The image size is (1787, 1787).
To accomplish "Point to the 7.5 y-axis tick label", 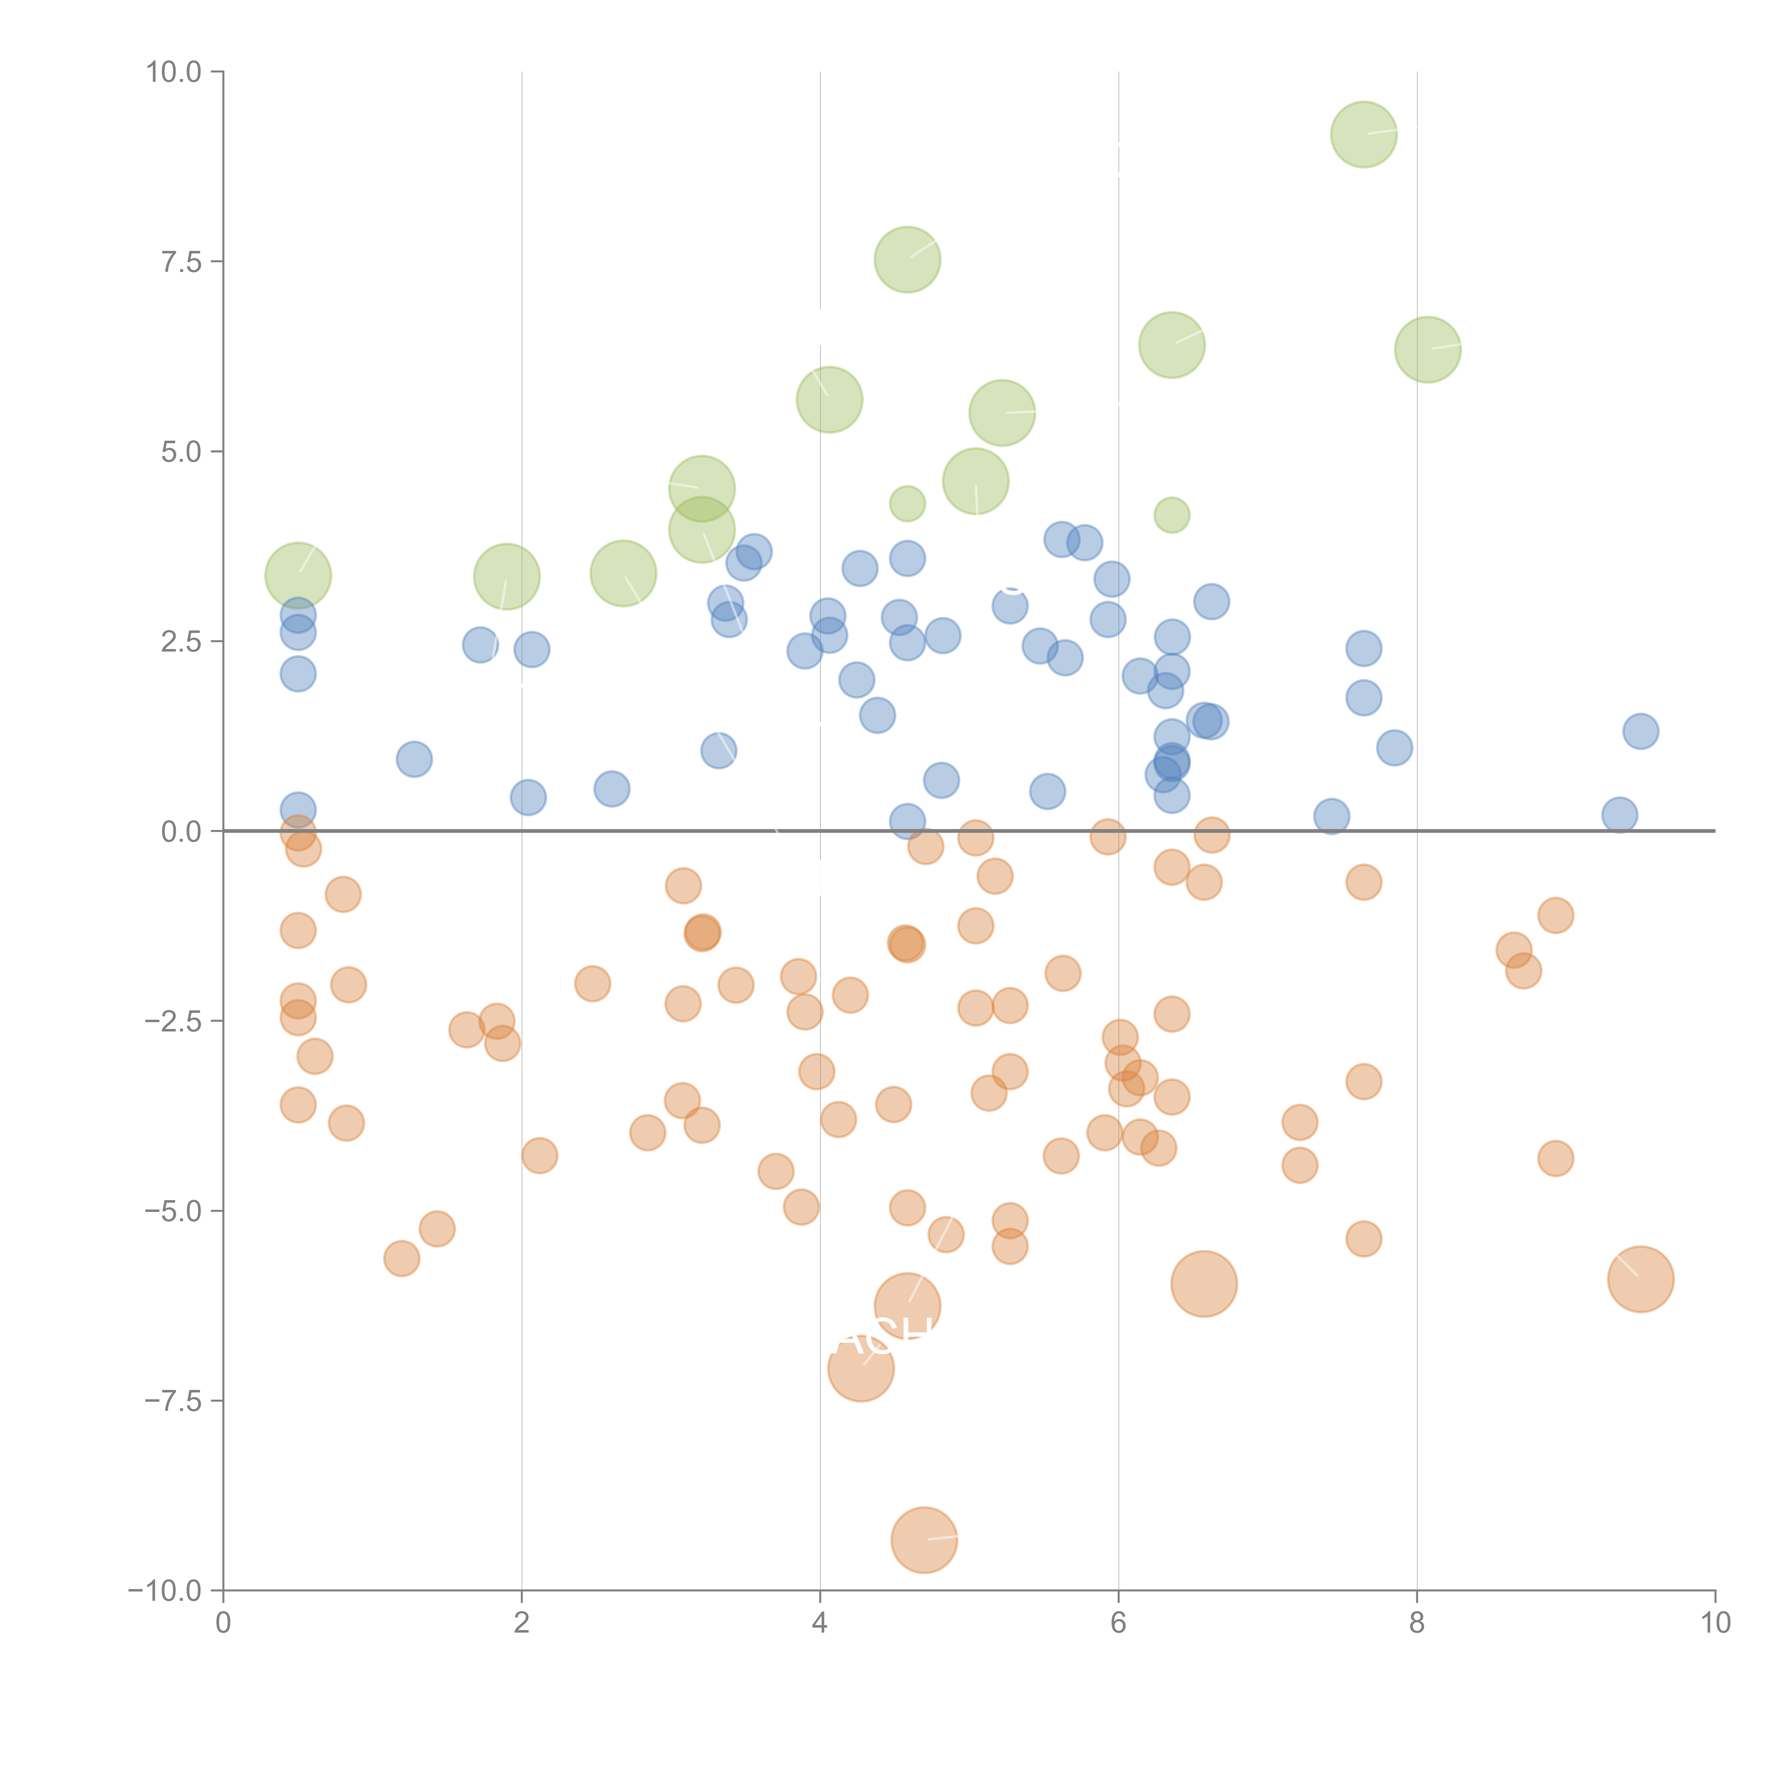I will click(181, 262).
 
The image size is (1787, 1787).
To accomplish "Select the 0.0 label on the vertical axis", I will click(181, 832).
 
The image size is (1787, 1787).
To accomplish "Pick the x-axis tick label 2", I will click(522, 1623).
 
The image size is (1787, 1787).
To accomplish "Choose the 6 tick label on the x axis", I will click(1118, 1623).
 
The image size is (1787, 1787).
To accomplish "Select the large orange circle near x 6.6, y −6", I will click(1203, 1284).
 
